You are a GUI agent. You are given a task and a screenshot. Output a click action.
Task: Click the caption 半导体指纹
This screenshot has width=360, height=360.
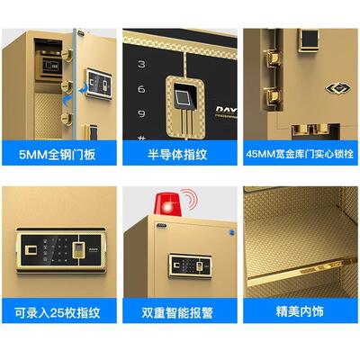[180, 153]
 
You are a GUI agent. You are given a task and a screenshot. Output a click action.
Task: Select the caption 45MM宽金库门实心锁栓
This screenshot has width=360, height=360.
[301, 153]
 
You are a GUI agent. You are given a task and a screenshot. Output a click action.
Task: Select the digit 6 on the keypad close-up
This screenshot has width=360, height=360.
[142, 90]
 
